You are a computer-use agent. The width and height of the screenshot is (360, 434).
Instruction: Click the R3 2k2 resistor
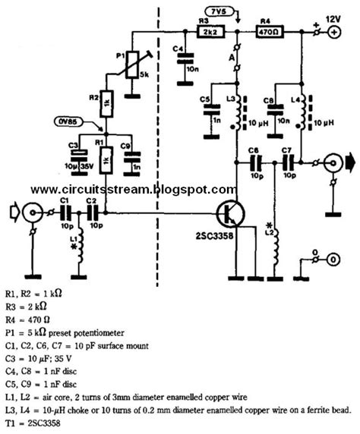[x=210, y=33]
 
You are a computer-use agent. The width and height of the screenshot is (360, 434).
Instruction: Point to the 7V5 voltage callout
[x=221, y=9]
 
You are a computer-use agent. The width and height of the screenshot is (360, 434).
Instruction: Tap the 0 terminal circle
[x=333, y=258]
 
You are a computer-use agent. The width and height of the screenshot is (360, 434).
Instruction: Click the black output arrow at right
[x=351, y=162]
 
